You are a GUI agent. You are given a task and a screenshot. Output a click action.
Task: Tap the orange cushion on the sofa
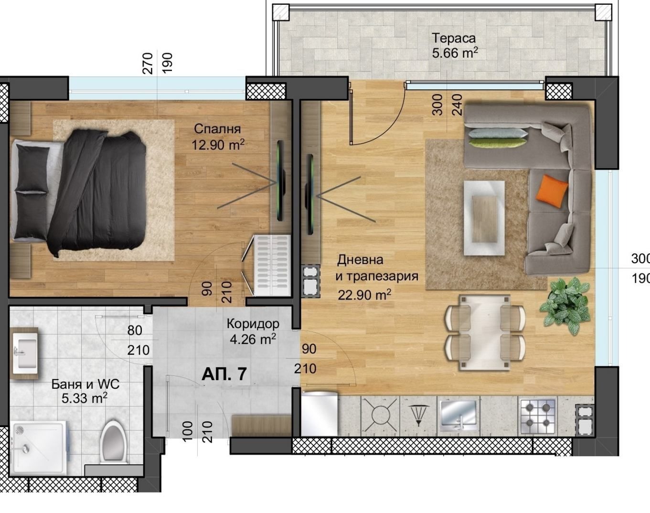(x=552, y=191)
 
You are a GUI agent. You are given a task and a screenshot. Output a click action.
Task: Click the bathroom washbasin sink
(x=25, y=353)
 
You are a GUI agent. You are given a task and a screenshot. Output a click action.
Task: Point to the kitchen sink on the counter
(x=458, y=416)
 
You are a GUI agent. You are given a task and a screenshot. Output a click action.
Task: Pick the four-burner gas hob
(x=537, y=416)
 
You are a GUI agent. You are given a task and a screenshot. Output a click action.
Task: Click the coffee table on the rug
(x=484, y=218)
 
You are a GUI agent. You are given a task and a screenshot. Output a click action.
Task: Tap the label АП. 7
(x=224, y=374)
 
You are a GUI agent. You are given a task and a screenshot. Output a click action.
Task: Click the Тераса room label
(x=454, y=38)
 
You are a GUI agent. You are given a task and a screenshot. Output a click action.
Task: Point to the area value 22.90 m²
(x=364, y=295)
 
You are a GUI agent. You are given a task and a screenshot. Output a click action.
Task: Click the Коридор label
(x=253, y=324)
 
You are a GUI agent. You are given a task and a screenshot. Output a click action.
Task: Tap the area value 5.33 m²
(x=85, y=398)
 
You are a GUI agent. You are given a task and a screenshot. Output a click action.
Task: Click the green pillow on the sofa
(x=498, y=143)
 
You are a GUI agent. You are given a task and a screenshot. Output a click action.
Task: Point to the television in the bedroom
(x=281, y=181)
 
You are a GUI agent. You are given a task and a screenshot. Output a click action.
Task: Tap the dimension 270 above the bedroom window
(x=148, y=64)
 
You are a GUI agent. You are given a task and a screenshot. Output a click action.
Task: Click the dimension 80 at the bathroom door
(x=135, y=331)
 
